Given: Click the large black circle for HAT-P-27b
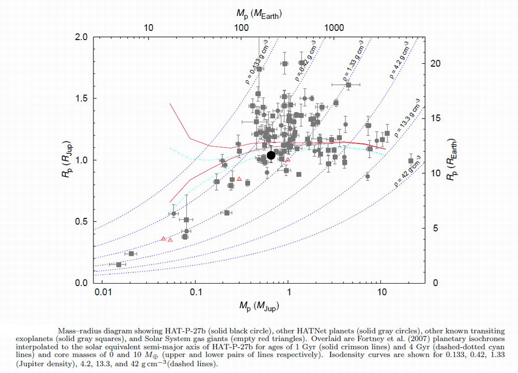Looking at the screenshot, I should (271, 155).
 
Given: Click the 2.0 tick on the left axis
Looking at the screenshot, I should (82, 38).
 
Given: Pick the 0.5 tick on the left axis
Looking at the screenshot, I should (82, 221).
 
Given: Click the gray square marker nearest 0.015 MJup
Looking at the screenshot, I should (119, 265).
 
